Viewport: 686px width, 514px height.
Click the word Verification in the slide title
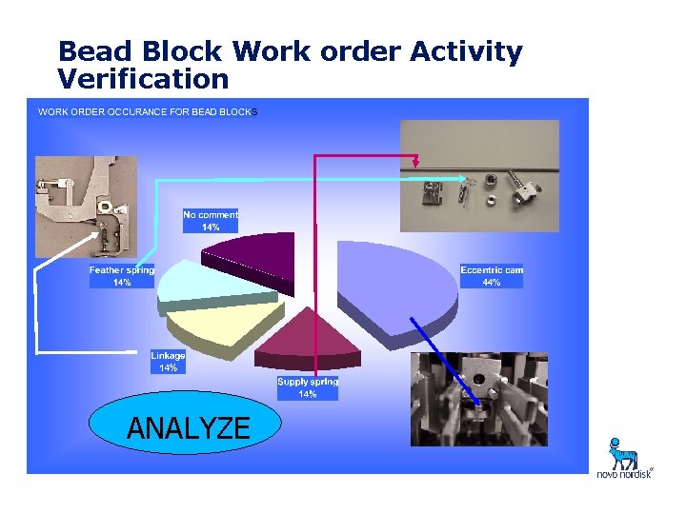pos(143,78)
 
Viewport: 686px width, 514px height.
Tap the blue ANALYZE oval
pos(188,428)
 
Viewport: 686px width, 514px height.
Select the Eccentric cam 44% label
pos(492,276)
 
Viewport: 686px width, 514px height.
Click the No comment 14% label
pos(211,221)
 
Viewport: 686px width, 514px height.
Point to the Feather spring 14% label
pos(122,276)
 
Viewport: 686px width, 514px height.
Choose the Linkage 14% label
pos(168,362)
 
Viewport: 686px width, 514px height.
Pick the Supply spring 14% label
pos(308,387)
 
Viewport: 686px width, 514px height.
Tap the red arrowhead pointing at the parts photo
pos(416,164)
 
